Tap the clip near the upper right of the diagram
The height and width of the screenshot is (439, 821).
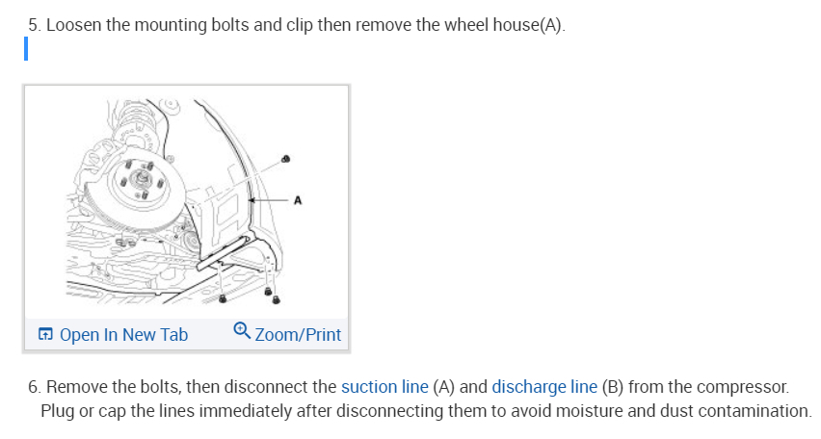[284, 158]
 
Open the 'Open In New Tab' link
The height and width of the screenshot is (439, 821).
[123, 335]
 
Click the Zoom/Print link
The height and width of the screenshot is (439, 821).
[298, 335]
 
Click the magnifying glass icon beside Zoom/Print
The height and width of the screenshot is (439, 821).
[242, 333]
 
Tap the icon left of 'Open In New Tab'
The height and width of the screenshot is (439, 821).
[45, 335]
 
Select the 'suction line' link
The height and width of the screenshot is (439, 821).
[384, 387]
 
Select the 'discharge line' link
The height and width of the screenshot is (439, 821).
[544, 387]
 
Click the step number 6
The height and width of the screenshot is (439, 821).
[33, 387]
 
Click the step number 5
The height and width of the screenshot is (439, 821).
[33, 25]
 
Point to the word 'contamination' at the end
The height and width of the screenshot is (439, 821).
[753, 411]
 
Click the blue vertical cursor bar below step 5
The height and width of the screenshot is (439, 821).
[28, 48]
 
